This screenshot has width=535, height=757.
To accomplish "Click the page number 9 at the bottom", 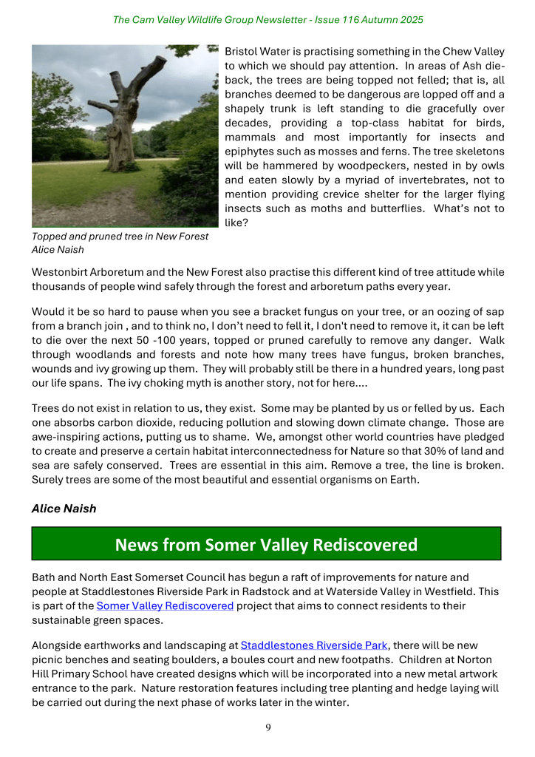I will coord(268,728).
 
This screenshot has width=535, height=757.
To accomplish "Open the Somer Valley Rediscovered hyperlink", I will coord(165,606).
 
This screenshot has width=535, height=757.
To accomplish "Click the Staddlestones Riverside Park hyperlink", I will coord(314,645).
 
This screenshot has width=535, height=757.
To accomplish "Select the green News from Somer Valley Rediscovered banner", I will coord(266,545).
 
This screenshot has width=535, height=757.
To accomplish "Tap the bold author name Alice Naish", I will coord(64,509).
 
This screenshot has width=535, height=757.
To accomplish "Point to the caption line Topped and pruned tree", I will coord(120,237).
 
